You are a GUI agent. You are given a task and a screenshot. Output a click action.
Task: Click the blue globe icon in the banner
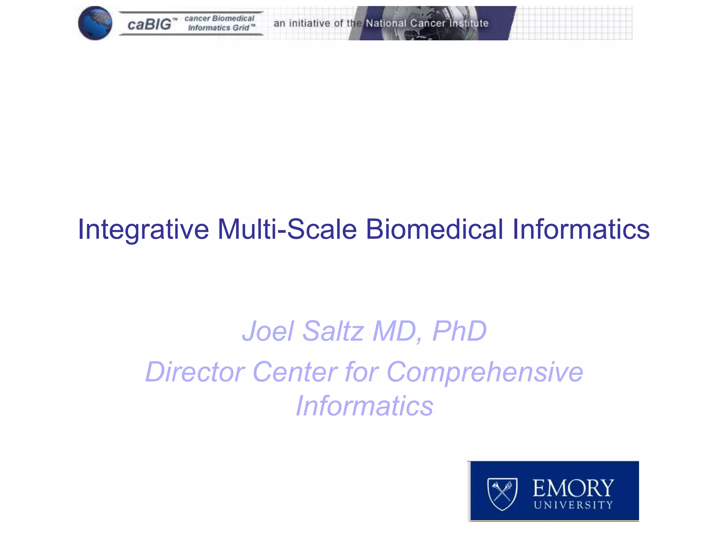[95, 23]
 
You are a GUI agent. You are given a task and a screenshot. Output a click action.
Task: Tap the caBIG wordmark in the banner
[149, 24]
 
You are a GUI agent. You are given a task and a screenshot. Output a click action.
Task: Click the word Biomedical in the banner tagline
[233, 18]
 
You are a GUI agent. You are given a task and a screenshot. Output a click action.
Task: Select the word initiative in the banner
[310, 23]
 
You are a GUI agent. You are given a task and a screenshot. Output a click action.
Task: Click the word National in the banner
[386, 23]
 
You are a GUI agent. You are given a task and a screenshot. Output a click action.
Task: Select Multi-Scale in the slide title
[287, 229]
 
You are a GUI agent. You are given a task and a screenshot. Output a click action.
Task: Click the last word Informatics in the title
[581, 229]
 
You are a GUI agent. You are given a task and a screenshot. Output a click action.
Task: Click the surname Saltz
[333, 331]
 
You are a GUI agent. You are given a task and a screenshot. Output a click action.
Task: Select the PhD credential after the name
[459, 331]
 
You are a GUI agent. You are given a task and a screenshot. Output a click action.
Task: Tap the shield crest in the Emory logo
[502, 494]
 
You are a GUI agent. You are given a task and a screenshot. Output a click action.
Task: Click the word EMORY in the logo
[573, 488]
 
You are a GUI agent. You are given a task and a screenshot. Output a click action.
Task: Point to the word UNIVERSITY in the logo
[573, 505]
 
